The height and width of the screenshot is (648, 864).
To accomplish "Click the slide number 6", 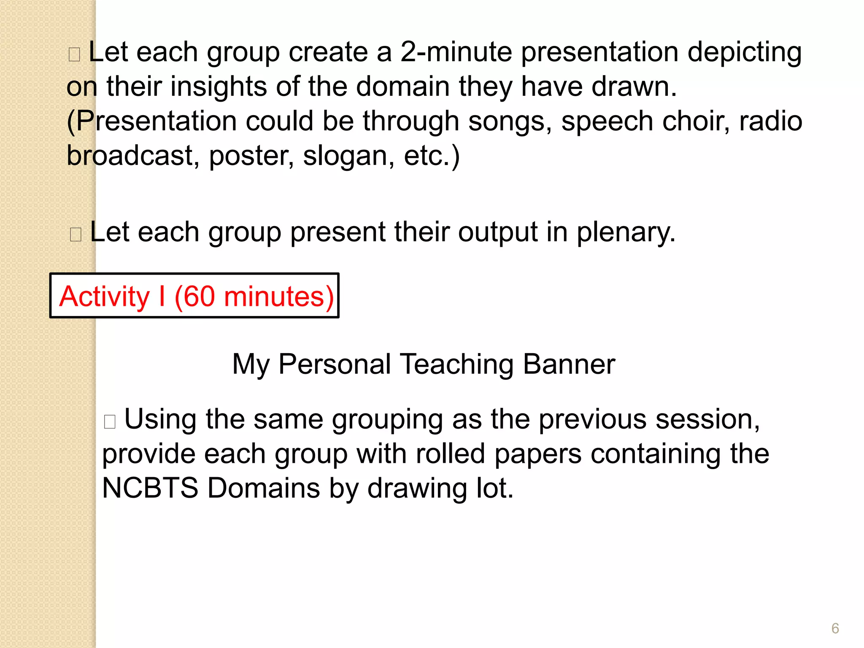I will (x=835, y=628).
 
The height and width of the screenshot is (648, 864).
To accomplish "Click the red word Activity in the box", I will (x=104, y=297).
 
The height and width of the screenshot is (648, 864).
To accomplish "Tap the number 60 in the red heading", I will (x=199, y=296).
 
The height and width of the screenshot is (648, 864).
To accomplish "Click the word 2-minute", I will (x=456, y=52).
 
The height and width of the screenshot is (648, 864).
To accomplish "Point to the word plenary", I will (x=626, y=232).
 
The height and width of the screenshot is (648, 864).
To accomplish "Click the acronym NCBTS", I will (x=150, y=488).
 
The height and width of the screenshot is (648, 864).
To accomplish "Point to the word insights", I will (x=219, y=87).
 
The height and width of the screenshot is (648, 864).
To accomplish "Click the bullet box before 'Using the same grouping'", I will (x=110, y=421).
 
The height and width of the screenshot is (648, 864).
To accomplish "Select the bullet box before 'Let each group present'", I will (x=76, y=234).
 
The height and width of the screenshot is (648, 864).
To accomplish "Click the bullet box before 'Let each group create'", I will (x=74, y=54).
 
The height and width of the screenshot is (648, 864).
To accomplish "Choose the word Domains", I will (x=264, y=488).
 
